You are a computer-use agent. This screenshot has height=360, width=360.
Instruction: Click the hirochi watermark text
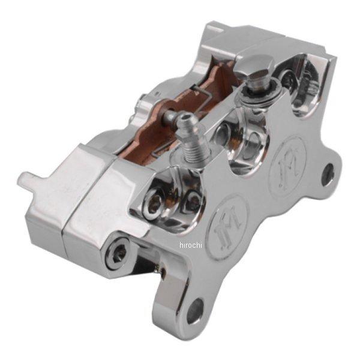191,245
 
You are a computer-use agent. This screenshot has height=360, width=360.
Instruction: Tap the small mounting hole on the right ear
328,172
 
